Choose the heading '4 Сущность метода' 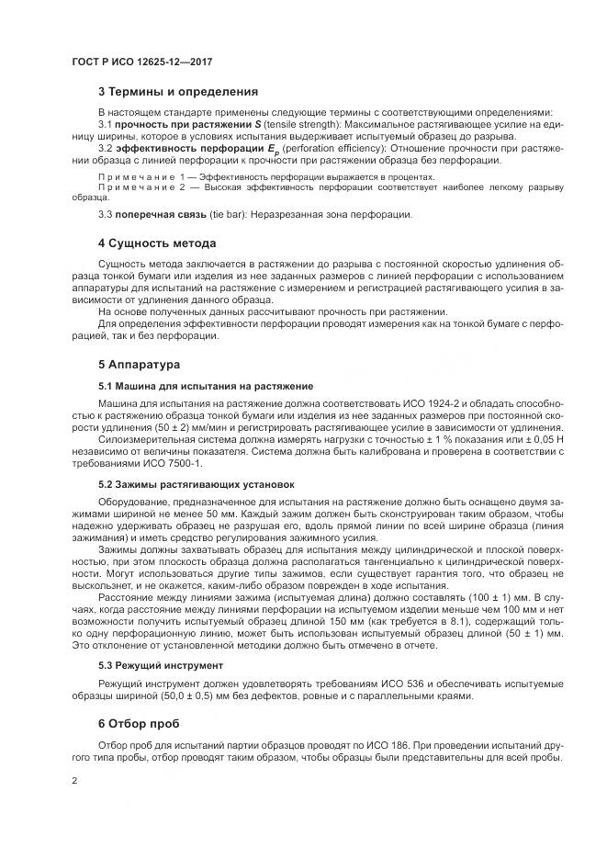[157, 243]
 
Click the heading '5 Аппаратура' [140, 365]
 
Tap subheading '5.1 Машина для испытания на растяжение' [206, 386]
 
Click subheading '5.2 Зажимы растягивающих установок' [197, 484]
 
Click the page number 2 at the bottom [74, 780]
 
